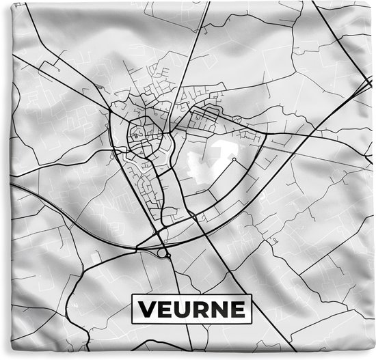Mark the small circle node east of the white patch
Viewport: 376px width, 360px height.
[234, 160]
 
